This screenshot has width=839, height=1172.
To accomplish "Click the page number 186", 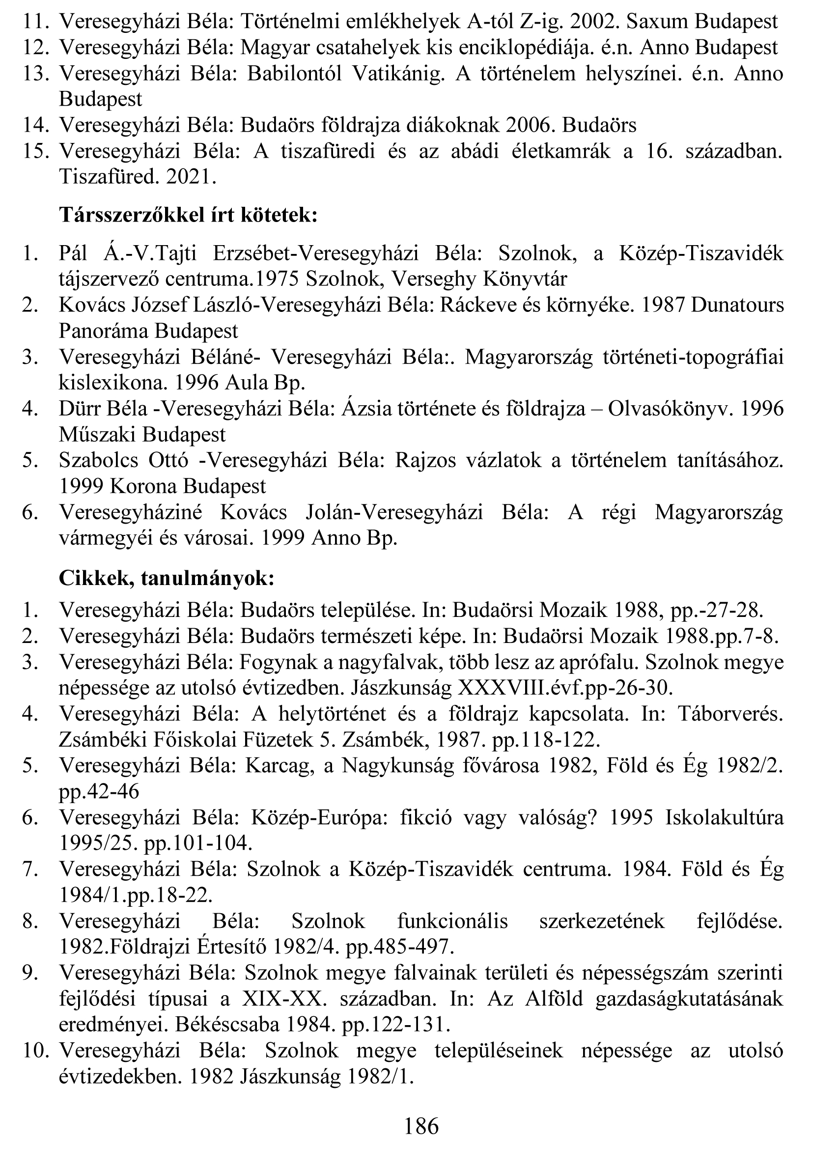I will click(x=421, y=1125).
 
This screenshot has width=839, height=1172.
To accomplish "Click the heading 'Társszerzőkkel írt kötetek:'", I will click(x=188, y=215).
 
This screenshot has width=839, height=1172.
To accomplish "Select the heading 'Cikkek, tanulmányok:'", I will click(x=167, y=579).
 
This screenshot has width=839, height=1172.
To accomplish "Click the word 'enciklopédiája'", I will click(x=523, y=48).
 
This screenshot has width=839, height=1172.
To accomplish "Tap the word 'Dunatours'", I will click(x=737, y=305).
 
